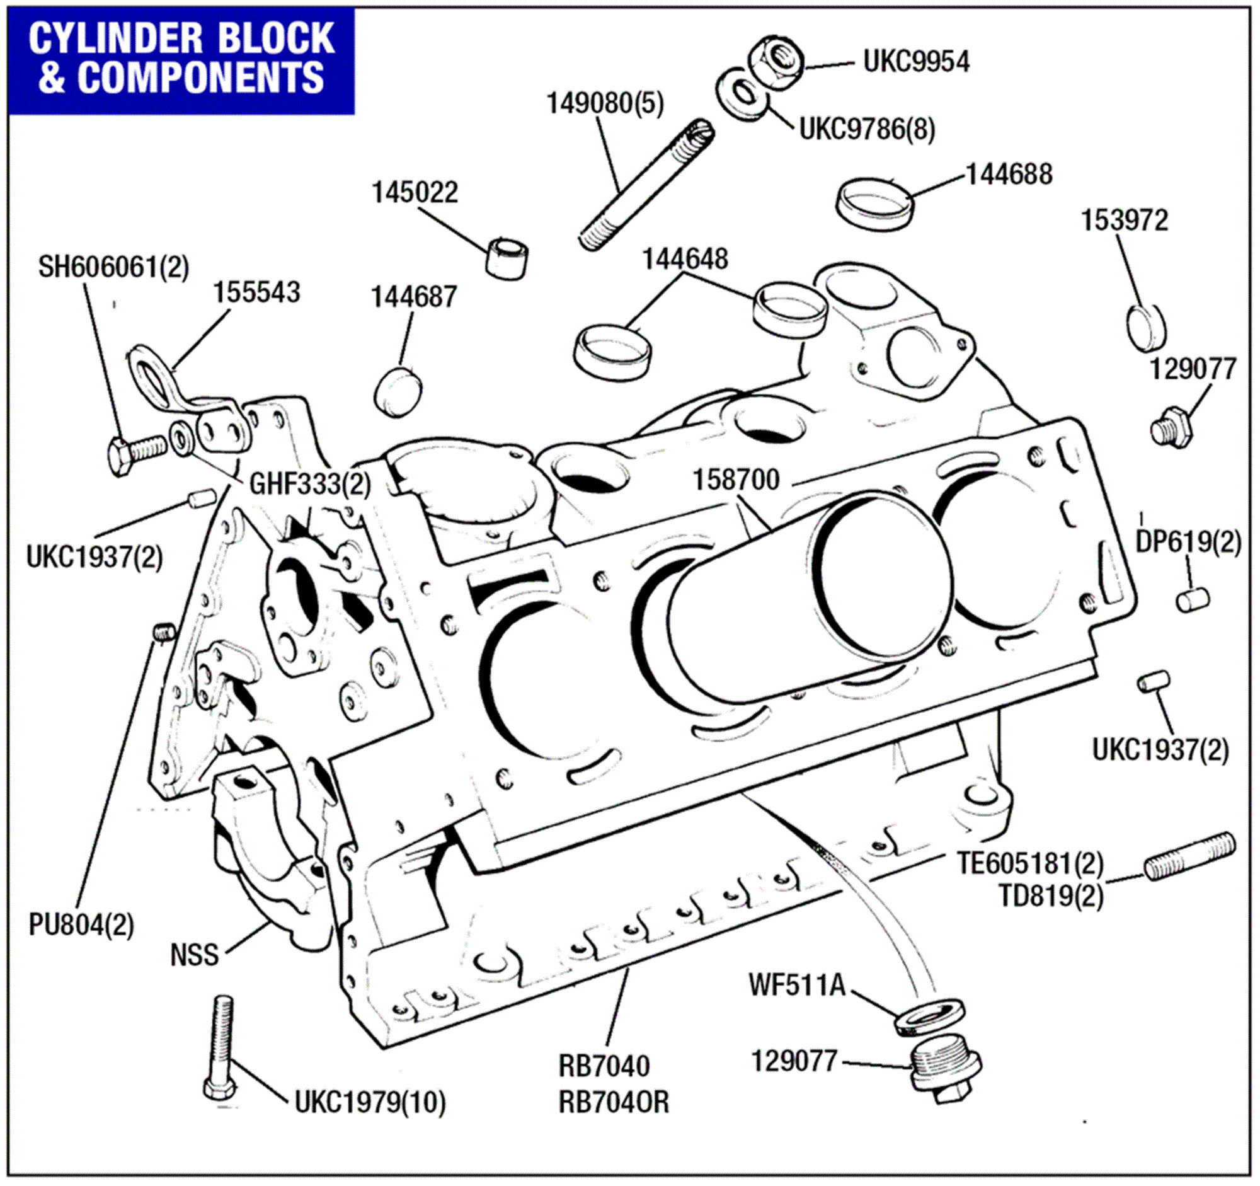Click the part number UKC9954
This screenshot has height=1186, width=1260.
(x=916, y=62)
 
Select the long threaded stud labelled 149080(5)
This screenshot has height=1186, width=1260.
(x=646, y=186)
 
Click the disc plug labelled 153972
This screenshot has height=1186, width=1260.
(x=1147, y=328)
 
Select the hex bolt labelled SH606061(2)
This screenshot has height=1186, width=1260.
(x=135, y=452)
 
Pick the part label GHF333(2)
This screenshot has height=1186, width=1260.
(x=309, y=485)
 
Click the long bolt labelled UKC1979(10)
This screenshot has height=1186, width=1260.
(x=220, y=1049)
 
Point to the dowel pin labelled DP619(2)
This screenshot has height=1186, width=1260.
(x=1192, y=599)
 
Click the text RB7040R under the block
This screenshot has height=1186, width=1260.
(x=613, y=1102)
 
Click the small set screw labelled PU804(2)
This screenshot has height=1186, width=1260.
(x=164, y=632)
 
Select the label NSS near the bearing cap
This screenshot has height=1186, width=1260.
(x=194, y=955)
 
